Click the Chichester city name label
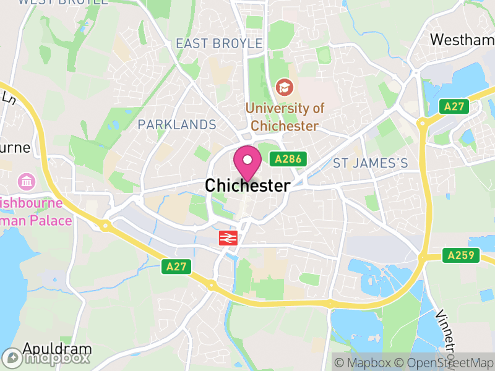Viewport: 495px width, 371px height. point(247,185)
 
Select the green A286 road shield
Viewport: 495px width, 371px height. point(288,160)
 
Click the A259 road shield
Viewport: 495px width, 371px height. point(461,255)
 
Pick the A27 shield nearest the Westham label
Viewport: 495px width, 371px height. point(454,106)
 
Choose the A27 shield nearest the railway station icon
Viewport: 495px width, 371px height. point(177,267)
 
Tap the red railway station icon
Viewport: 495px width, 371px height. point(228,237)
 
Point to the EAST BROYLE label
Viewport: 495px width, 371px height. point(219,43)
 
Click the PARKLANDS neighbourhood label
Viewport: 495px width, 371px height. point(177,125)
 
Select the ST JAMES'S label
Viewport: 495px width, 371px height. point(371,163)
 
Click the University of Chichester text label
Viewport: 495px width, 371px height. point(285,117)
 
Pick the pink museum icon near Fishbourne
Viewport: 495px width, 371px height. point(27,182)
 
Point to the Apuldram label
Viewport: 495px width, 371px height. point(57,349)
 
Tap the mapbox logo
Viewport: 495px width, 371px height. point(46,357)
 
